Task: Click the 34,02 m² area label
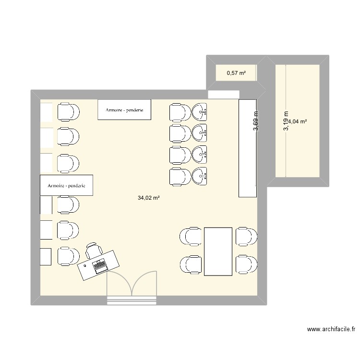point(148,197)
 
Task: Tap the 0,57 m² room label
point(236,73)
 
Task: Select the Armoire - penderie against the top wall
point(124,110)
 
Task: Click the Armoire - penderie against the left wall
point(66,185)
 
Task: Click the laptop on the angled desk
point(100,264)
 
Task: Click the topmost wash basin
point(200,112)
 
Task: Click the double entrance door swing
point(132,284)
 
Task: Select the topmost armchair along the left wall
point(68,112)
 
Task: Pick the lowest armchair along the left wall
point(68,256)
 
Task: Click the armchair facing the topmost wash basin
point(180,112)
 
